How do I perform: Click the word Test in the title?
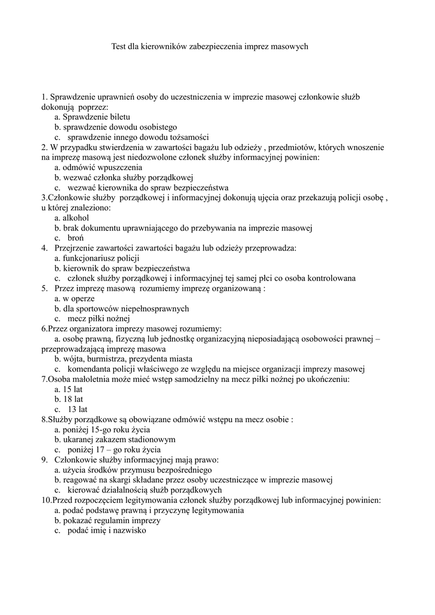click(x=119, y=46)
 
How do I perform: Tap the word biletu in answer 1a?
click(x=117, y=117)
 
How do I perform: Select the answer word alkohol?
click(x=76, y=217)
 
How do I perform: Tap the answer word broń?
click(x=76, y=238)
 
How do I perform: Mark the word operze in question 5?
click(x=84, y=298)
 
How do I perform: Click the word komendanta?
click(x=90, y=369)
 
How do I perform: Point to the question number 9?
click(x=44, y=460)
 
